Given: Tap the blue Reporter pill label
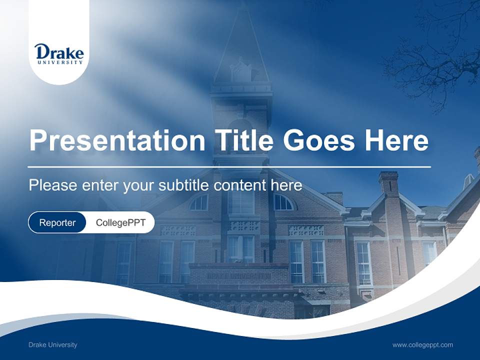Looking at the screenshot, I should (57, 222).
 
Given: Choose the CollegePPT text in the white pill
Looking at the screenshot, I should (120, 222).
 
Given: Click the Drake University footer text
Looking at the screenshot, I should (52, 345).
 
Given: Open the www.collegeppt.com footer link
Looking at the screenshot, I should (422, 345).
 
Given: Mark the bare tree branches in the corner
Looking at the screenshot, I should (435, 55).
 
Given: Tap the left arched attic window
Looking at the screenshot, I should (198, 202).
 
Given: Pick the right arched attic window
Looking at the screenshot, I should (283, 202).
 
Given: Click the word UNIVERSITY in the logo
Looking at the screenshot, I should (59, 62).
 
